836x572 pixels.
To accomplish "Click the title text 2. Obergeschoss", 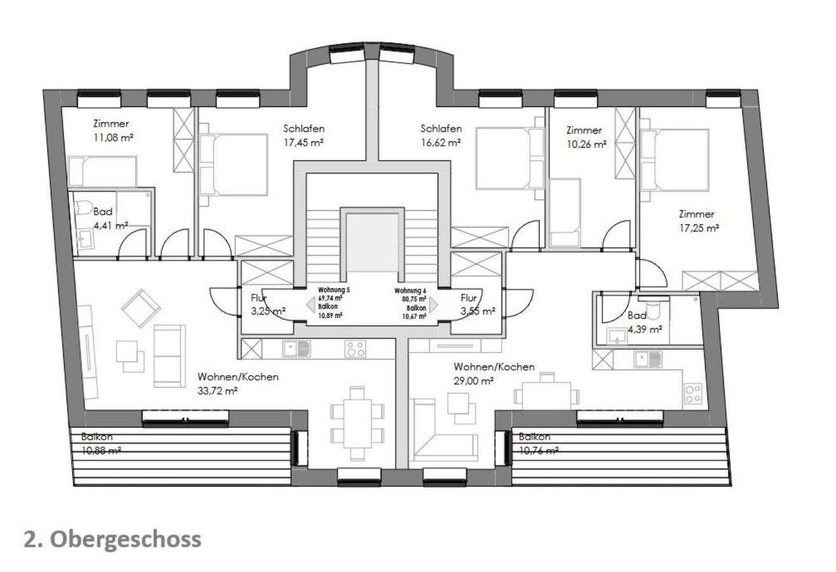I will [x=113, y=539].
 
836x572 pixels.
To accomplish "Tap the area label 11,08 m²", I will [x=114, y=138].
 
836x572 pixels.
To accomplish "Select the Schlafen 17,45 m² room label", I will [x=304, y=135].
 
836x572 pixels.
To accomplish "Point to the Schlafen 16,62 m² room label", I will [x=441, y=135].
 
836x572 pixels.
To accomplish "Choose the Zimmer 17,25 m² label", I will [x=699, y=221].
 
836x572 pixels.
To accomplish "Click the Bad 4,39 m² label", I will [x=644, y=323].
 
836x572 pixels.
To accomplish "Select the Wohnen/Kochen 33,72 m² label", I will [x=237, y=384].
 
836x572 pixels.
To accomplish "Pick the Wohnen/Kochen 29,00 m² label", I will [x=493, y=373].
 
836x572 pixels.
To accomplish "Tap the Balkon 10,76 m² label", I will [x=538, y=444].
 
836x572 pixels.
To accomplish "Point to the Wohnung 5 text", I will [x=333, y=290].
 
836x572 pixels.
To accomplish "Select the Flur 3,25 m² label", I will [x=267, y=304].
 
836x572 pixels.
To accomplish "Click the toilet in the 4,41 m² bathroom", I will [x=82, y=207].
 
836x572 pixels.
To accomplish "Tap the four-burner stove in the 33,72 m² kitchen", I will [x=355, y=348].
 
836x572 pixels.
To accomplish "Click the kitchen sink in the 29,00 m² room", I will [x=647, y=359].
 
